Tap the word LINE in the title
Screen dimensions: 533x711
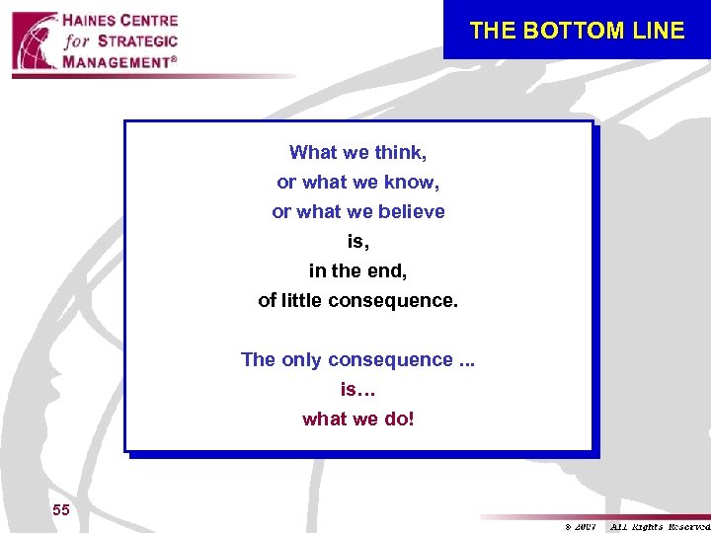[659, 31]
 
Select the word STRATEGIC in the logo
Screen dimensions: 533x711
[137, 41]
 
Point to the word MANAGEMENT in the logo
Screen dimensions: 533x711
[116, 61]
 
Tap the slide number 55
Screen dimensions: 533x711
[61, 509]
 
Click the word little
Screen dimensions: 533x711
[301, 300]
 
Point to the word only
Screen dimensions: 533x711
[302, 359]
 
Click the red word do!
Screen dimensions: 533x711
[397, 419]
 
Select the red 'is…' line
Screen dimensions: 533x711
[357, 389]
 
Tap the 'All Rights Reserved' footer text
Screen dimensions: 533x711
[659, 525]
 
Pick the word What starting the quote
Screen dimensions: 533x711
[313, 152]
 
